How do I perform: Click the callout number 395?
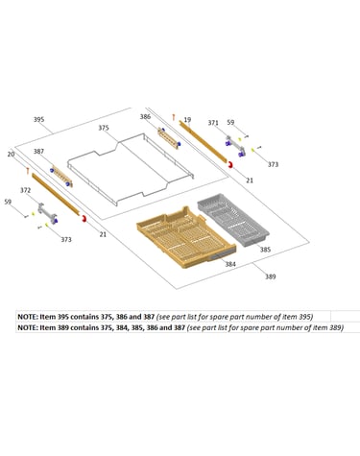(38, 120)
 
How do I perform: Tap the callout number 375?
(104, 128)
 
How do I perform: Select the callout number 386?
(145, 117)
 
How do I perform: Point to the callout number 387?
(38, 151)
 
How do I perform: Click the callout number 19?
(187, 120)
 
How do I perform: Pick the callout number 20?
(11, 155)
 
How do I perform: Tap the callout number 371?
(213, 123)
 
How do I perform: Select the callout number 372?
(25, 190)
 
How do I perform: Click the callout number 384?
(230, 264)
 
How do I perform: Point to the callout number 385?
(265, 250)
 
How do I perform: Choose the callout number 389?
(271, 276)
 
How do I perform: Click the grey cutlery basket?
(233, 220)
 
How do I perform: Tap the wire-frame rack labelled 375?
(131, 168)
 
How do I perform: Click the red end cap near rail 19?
(229, 165)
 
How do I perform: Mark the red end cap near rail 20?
(84, 219)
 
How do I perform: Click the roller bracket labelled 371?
(235, 146)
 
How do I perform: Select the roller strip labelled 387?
(60, 176)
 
